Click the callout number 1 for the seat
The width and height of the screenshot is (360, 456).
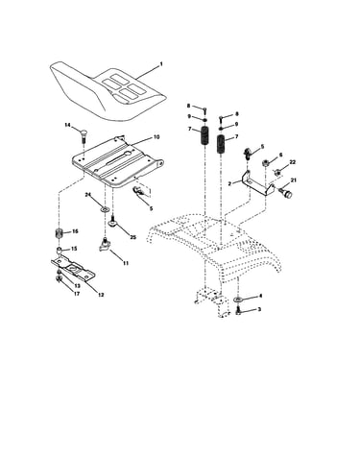coord(161,64)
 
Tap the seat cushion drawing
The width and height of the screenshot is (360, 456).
coord(108,90)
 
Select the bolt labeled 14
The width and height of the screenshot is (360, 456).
coord(83,134)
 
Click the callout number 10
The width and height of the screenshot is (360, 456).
coord(156,137)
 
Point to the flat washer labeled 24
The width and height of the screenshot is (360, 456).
coord(105,209)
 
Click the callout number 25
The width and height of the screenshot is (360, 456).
coord(133,237)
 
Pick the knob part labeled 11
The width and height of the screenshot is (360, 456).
coord(105,246)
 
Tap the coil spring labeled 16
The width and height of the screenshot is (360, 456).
coord(58,233)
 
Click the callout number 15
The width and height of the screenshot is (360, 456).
coord(74,249)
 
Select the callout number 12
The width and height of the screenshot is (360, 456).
coord(101,295)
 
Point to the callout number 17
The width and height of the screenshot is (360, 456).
coord(77,294)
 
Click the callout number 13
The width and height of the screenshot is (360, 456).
coord(77,285)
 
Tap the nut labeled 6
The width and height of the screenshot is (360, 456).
coord(265,163)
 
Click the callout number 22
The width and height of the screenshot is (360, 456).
coord(292,162)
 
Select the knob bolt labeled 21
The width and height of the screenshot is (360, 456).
coord(285,193)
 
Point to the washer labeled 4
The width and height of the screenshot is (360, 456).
coord(238,299)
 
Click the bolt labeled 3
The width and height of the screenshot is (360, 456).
coord(238,310)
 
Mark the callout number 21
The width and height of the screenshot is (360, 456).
coord(294,180)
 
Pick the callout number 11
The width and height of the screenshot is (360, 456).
coord(126,263)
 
